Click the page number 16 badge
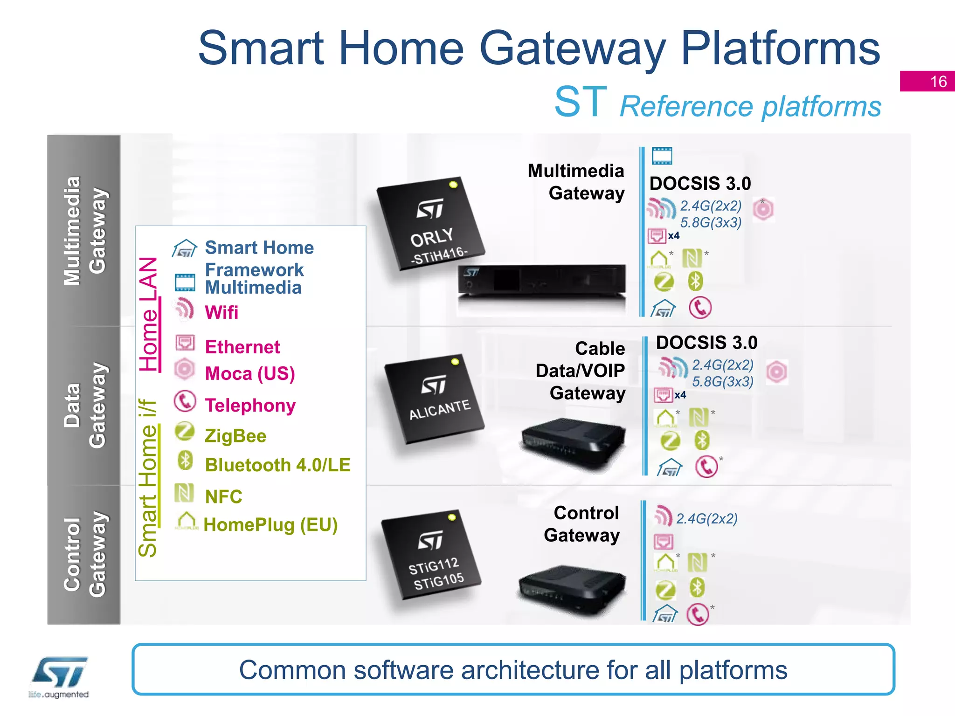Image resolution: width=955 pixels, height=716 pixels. [927, 81]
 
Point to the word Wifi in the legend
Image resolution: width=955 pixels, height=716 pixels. [221, 312]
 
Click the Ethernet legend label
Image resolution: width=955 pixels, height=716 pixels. [242, 347]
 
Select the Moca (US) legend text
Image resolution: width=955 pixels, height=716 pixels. [250, 373]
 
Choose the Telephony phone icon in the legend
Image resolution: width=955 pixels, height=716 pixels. [185, 401]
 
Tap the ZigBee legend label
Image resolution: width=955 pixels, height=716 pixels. [235, 436]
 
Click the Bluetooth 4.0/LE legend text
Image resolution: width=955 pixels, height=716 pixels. [277, 465]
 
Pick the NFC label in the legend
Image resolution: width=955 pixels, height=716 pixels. [224, 497]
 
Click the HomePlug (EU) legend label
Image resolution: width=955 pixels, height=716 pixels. [270, 525]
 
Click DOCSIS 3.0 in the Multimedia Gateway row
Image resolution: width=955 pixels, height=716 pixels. [700, 183]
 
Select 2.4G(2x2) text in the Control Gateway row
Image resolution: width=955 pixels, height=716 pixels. [706, 519]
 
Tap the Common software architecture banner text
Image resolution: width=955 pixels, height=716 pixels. [513, 670]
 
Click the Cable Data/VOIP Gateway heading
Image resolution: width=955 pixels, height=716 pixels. [581, 371]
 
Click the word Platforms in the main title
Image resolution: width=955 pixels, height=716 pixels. [780, 48]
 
